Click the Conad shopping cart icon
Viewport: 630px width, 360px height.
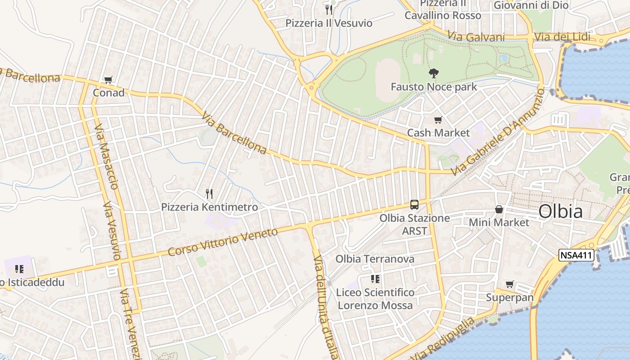pyautogui.click(x=108, y=80)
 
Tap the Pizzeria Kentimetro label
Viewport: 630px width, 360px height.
pyautogui.click(x=210, y=207)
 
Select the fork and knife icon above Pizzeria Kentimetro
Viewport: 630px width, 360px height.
pyautogui.click(x=209, y=194)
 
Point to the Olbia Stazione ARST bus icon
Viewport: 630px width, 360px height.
pyautogui.click(x=414, y=205)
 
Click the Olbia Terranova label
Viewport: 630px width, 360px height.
pyautogui.click(x=375, y=259)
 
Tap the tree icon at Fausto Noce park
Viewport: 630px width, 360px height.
pyautogui.click(x=434, y=73)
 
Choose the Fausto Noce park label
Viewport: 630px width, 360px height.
pyautogui.click(x=434, y=86)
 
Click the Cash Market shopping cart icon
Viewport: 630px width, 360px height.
pyautogui.click(x=438, y=120)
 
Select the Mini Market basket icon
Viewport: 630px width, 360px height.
pyautogui.click(x=499, y=209)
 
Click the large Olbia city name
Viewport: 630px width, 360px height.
pyautogui.click(x=560, y=211)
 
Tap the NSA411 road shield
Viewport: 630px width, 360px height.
pyautogui.click(x=576, y=256)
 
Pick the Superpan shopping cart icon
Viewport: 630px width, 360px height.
pyautogui.click(x=509, y=284)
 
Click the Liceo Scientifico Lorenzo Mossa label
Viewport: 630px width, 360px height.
pyautogui.click(x=375, y=299)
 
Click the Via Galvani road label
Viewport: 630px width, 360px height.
pyautogui.click(x=476, y=37)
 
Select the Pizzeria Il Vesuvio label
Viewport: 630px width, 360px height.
pyautogui.click(x=329, y=23)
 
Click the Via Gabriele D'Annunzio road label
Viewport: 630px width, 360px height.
pyautogui.click(x=499, y=132)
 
